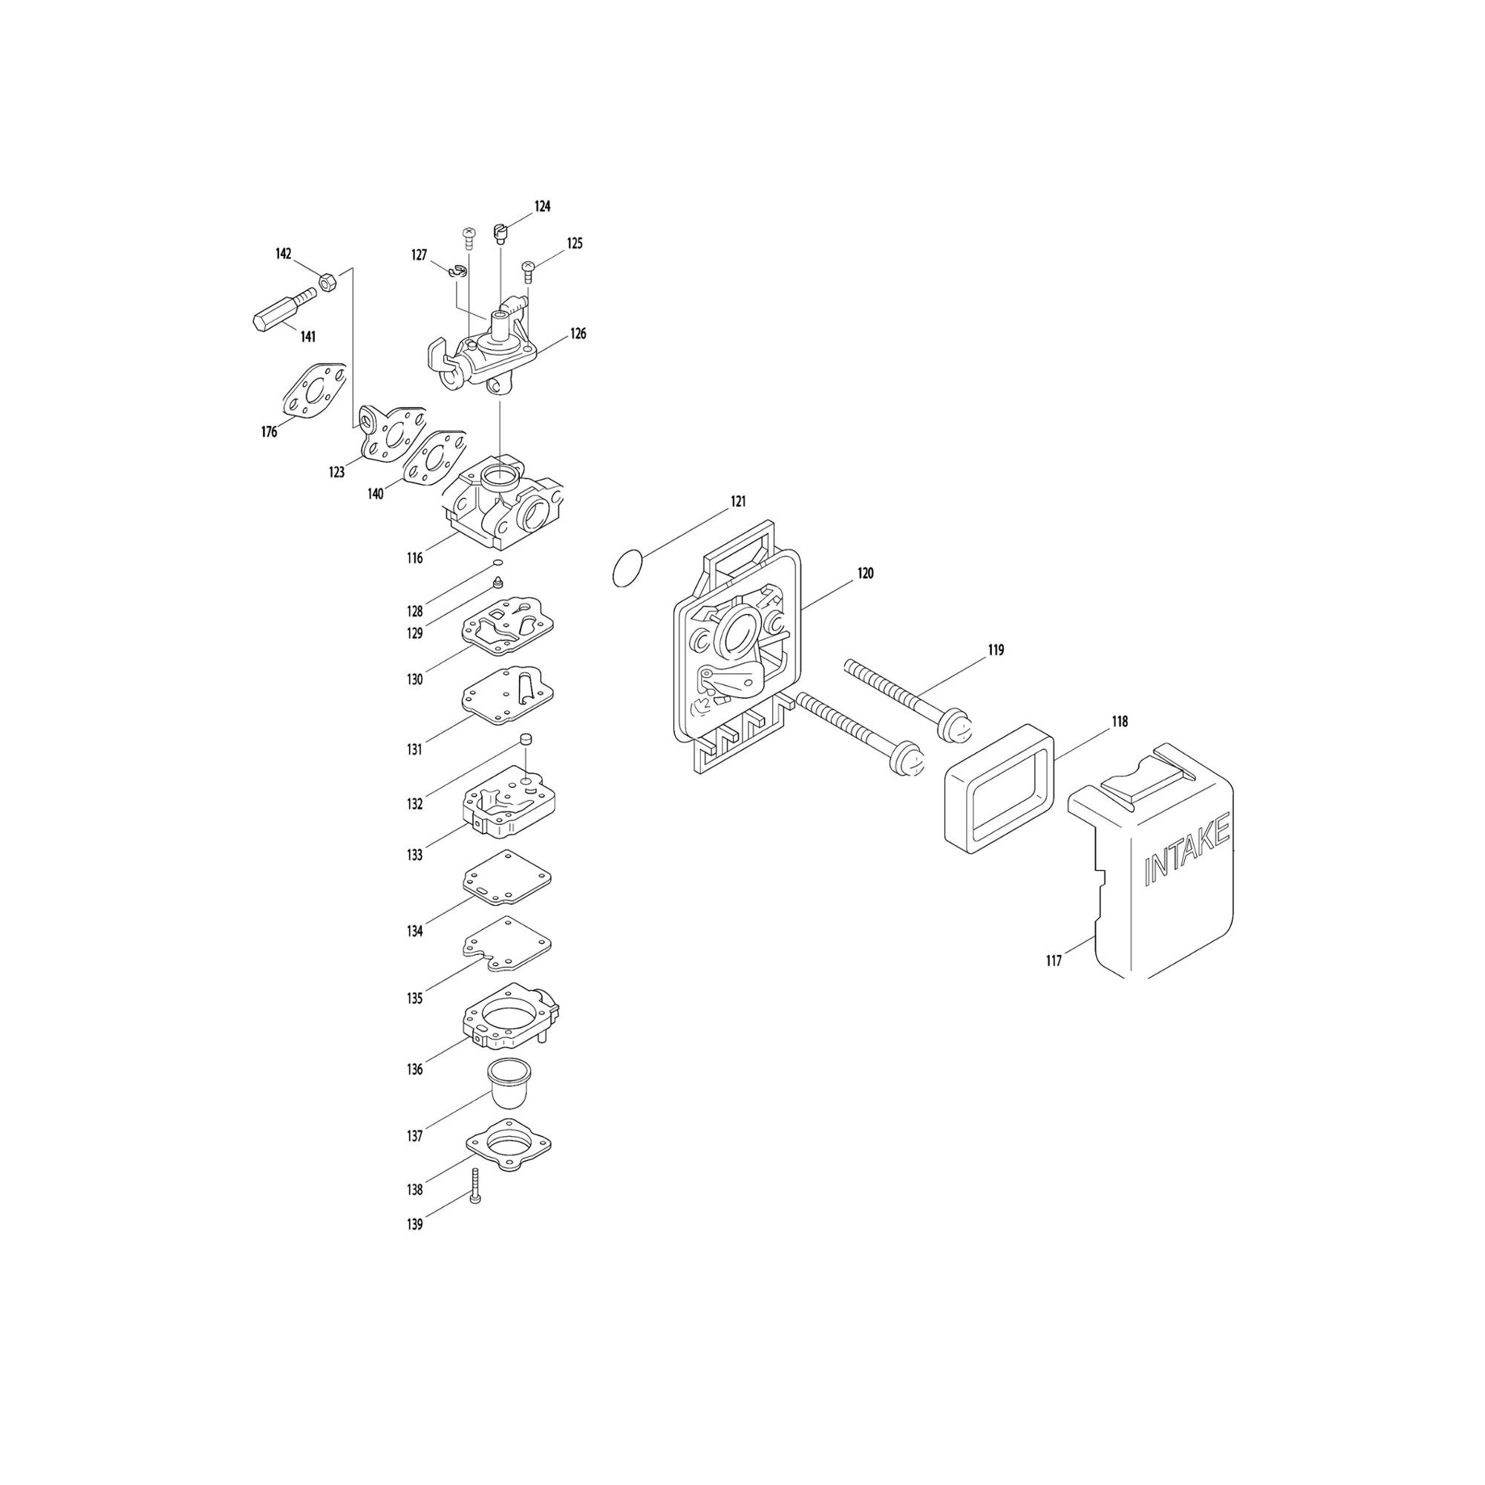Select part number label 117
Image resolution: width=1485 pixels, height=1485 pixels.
coord(1053,961)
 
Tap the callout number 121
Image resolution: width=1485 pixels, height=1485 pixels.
coord(738,502)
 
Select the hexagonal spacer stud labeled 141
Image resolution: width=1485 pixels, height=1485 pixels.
coord(284,309)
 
